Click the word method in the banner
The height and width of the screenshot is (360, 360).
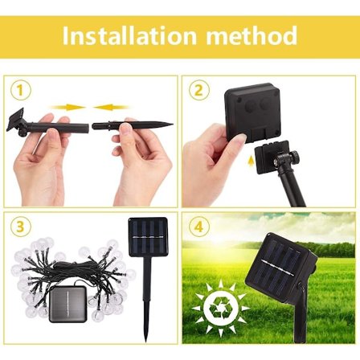coord(252,35)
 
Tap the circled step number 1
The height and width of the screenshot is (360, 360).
coord(21,91)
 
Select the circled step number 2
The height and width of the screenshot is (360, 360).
coord(198,91)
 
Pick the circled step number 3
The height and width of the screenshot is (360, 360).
coord(21,227)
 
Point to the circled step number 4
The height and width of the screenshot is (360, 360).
coord(198,227)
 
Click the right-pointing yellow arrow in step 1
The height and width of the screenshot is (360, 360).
coord(67,107)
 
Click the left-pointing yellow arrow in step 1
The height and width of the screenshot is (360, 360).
coord(111,107)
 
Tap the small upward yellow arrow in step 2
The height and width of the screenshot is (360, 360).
coord(251,162)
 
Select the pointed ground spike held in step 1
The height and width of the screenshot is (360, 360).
coord(133,125)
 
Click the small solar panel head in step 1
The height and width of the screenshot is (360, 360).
coord(15,120)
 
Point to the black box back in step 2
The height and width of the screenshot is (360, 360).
coord(252,112)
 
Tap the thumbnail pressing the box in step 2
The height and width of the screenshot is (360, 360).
coord(240,138)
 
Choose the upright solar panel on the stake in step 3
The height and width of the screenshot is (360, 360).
coord(148,236)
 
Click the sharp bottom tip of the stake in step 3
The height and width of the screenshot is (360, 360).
coord(146,342)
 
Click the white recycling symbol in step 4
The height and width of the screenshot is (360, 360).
coord(221,309)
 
